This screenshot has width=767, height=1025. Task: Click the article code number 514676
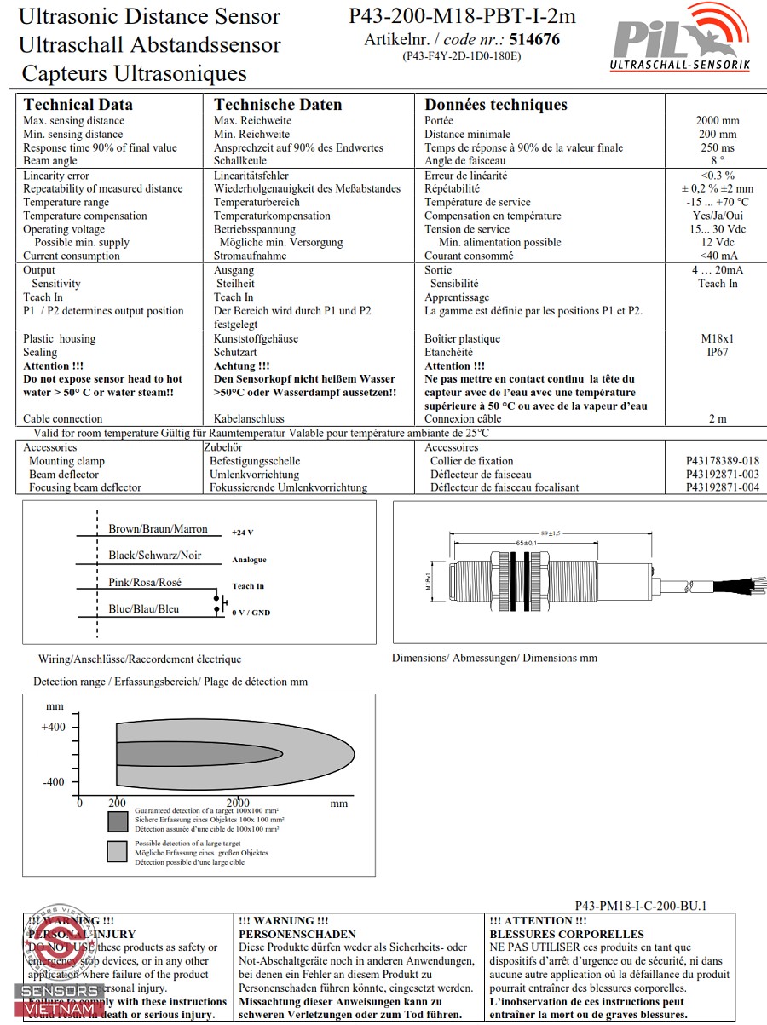pyautogui.click(x=534, y=39)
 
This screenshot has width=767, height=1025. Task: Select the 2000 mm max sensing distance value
pyautogui.click(x=717, y=121)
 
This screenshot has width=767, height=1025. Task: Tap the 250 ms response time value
pyautogui.click(x=717, y=148)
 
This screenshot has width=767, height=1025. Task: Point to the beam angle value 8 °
pyautogui.click(x=717, y=161)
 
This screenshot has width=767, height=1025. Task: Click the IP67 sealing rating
pyautogui.click(x=717, y=353)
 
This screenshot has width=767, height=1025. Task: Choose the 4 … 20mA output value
pyautogui.click(x=717, y=271)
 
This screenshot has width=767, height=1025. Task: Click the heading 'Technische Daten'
pyautogui.click(x=278, y=105)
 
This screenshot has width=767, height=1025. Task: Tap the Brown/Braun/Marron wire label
pyautogui.click(x=158, y=529)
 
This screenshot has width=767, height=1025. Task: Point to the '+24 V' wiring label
pyautogui.click(x=243, y=533)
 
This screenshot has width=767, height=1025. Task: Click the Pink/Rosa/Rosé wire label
pyautogui.click(x=145, y=583)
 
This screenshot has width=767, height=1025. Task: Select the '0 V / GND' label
pyautogui.click(x=251, y=613)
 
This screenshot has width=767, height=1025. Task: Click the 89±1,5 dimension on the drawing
pyautogui.click(x=549, y=533)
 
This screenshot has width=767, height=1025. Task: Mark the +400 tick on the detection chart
pyautogui.click(x=53, y=727)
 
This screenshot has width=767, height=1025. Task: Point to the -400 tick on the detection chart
pyautogui.click(x=53, y=782)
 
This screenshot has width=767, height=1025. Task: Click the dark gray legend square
pyautogui.click(x=118, y=821)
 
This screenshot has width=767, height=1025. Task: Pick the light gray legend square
pyautogui.click(x=118, y=851)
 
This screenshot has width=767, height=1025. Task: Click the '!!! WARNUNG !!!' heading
pyautogui.click(x=284, y=921)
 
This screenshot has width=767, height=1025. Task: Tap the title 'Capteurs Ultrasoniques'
pyautogui.click(x=134, y=73)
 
